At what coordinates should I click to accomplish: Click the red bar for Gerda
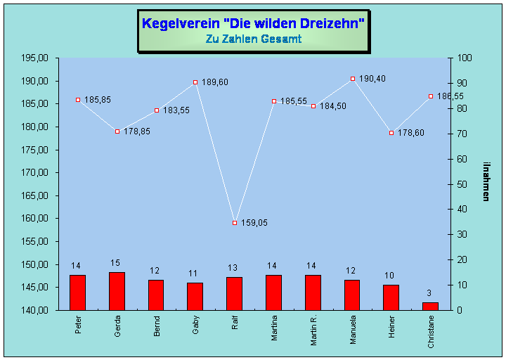coord(117,290)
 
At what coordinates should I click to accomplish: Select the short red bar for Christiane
coord(430,306)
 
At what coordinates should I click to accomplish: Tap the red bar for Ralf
coord(235,293)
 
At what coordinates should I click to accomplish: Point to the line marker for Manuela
coord(353,79)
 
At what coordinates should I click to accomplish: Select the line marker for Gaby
coord(195,82)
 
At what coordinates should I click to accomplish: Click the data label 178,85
coord(137,131)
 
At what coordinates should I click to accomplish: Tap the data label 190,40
coord(372,79)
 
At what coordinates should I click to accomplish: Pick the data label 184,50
coord(333,106)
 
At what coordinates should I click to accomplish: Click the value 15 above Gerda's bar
coord(115,263)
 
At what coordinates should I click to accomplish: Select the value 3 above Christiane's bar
coord(429,293)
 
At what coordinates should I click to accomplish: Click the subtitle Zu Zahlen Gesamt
coord(253,39)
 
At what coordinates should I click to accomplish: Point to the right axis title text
coord(486,181)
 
